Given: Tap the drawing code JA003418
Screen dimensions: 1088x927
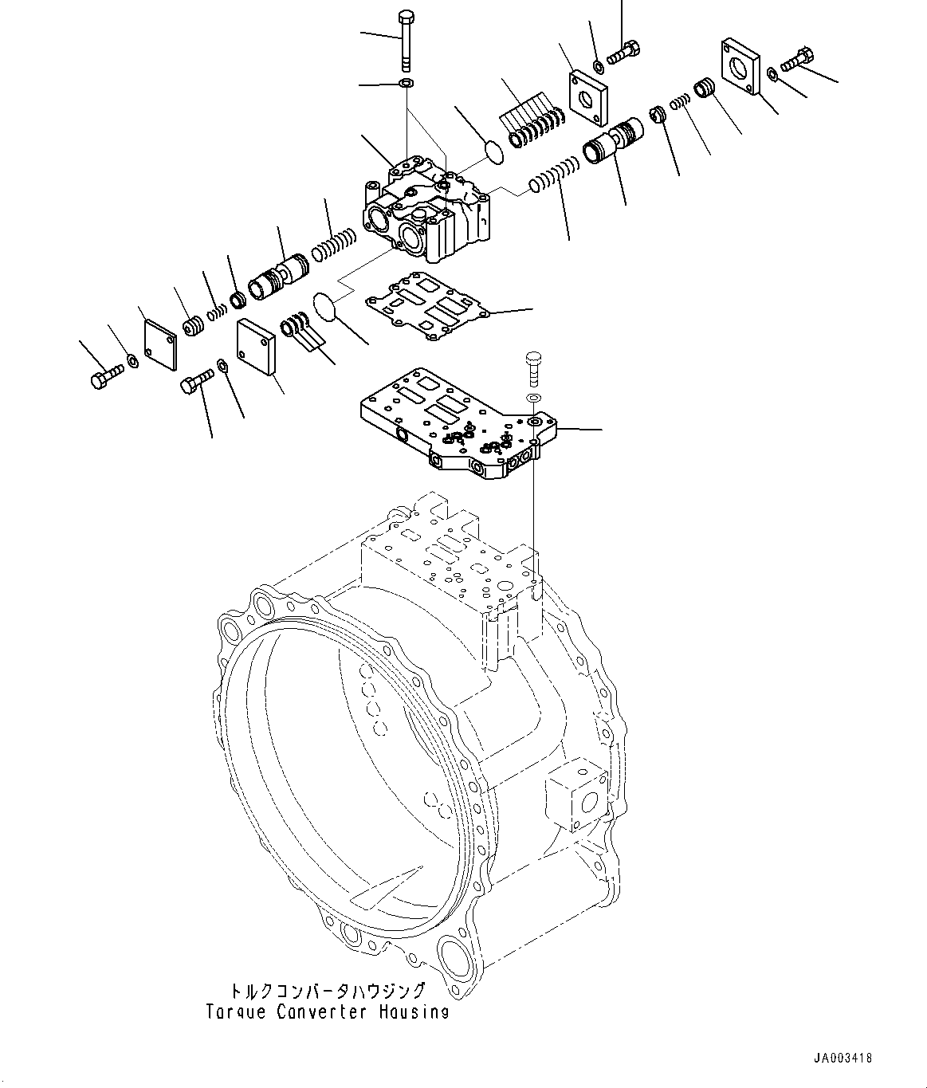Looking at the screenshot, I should tap(843, 1059).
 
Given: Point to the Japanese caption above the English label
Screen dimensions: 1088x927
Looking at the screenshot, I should tap(327, 992).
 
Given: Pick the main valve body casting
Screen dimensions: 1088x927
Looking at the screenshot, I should tap(426, 211).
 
